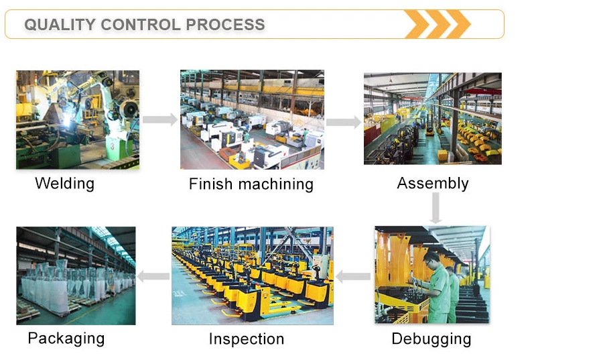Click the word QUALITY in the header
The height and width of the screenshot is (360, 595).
60,25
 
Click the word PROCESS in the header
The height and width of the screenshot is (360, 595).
225,25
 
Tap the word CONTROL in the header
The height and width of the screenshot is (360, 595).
141,25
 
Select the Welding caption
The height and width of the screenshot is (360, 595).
65,184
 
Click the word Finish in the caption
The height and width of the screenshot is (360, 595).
210,184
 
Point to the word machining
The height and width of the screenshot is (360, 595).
276,184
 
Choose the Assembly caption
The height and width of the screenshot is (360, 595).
433,184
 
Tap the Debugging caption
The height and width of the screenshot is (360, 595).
432,339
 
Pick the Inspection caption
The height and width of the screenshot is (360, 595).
247,339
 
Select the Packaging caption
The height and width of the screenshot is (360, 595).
66,339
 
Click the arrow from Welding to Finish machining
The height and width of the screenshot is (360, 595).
160,119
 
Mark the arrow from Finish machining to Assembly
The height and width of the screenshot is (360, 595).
344,122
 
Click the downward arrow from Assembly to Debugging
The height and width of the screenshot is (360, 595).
436,208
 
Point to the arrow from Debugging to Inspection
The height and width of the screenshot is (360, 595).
353,276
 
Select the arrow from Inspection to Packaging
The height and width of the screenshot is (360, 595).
153,276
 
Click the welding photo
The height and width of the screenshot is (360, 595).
78,119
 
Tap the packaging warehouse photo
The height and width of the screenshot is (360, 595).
76,276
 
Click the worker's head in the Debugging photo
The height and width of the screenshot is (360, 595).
431,259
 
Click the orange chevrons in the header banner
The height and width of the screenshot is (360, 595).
437,24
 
